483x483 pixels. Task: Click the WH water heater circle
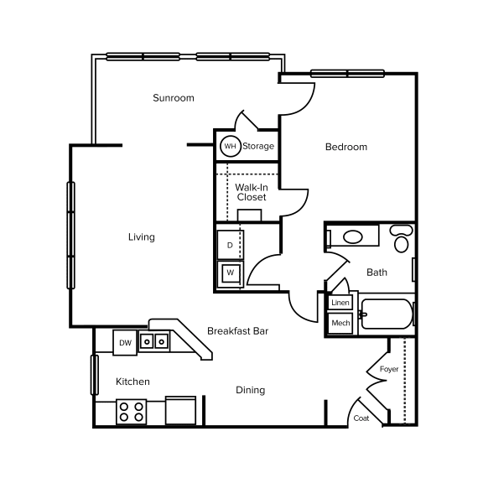point(230,147)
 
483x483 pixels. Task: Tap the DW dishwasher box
point(125,342)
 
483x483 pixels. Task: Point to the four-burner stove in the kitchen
point(131,411)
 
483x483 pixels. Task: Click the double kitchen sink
point(154,341)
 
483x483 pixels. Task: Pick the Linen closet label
point(340,303)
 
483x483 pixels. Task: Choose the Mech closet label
point(340,323)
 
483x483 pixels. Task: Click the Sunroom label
point(174,98)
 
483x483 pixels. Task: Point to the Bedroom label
point(346,147)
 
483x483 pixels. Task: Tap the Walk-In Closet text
point(251,192)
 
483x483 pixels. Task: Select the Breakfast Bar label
point(237,331)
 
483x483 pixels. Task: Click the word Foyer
point(389,369)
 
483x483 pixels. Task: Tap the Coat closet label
point(361,418)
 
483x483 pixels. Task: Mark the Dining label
point(250,390)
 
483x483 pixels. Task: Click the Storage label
point(258,147)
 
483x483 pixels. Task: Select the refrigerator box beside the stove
point(181,411)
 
